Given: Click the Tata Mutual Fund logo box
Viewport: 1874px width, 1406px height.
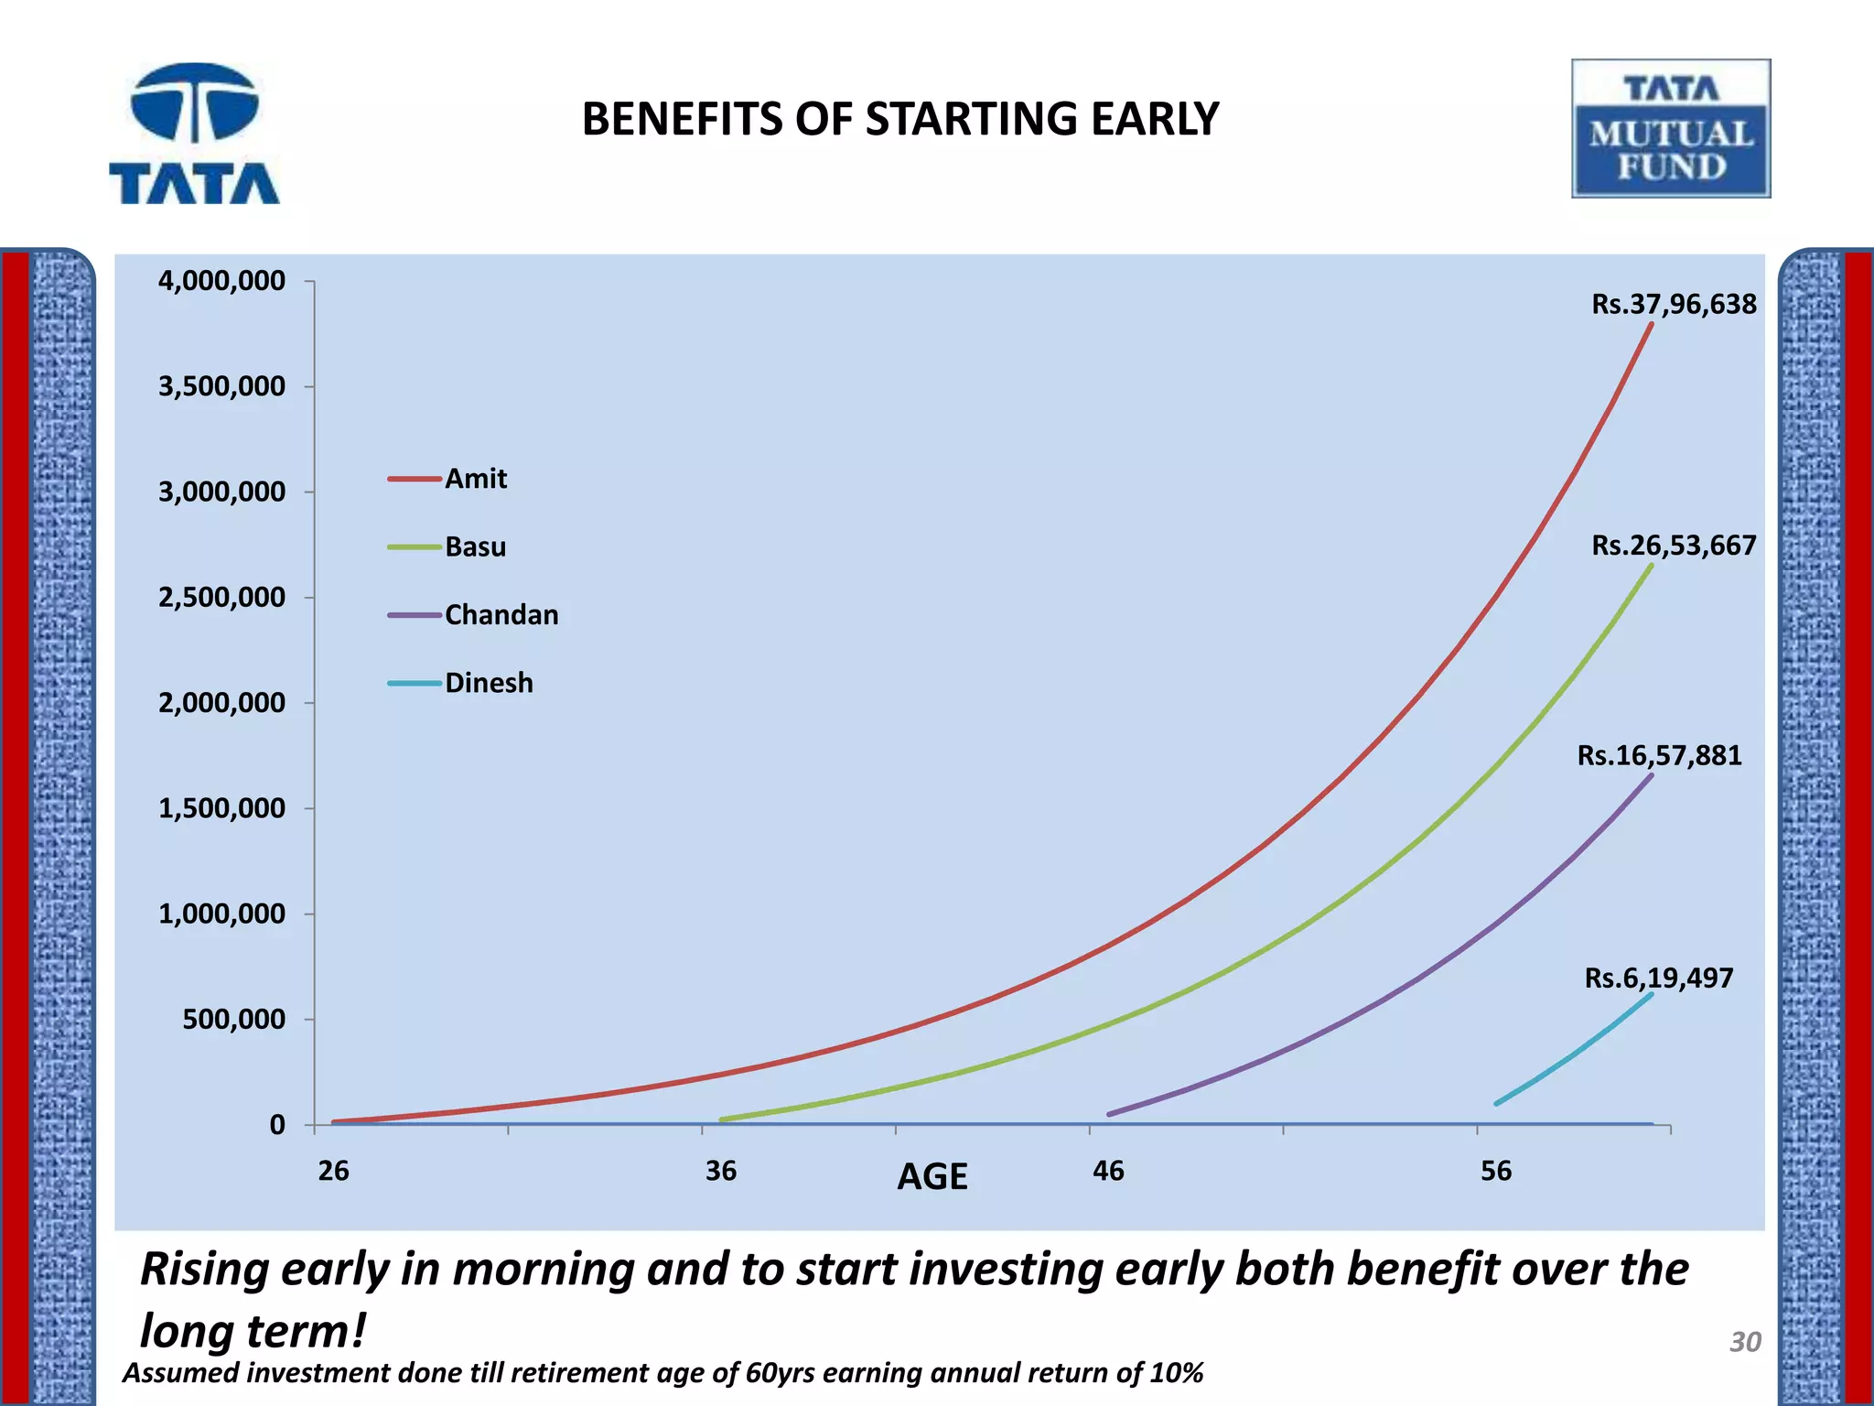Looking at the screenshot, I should coord(1670,129).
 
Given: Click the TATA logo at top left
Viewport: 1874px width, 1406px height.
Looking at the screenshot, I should coord(194,135).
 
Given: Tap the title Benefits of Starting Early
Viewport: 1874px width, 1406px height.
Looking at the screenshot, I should coord(899,119).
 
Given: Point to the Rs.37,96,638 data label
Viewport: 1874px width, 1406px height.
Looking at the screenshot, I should coord(1674,304).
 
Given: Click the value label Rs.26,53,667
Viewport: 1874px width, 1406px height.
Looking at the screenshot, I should coord(1674,546).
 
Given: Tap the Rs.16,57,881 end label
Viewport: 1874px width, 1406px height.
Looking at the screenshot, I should coord(1659,755).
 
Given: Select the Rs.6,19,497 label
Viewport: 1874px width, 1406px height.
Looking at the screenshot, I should coord(1658,978).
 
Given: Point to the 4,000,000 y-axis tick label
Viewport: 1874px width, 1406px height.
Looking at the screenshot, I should coord(221,280).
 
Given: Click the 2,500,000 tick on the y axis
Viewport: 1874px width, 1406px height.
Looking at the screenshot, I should coord(221,597).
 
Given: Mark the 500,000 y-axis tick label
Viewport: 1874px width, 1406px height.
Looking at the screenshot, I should coord(233,1019).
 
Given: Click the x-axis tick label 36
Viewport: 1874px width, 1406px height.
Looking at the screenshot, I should coord(721,1171).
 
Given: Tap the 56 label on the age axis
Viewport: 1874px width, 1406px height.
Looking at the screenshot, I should coord(1496,1171).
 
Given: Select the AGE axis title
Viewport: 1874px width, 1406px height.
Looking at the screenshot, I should coord(932,1176).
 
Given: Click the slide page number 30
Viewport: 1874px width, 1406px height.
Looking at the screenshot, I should coord(1745,1342).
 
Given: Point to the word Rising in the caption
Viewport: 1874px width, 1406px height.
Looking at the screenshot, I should coord(204,1270).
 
